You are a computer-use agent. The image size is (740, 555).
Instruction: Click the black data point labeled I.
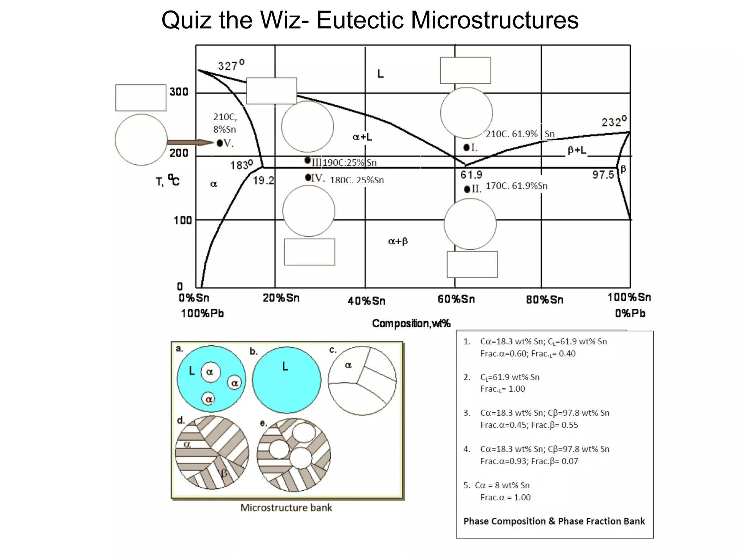click(x=466, y=147)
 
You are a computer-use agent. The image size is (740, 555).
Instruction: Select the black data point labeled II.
click(x=467, y=189)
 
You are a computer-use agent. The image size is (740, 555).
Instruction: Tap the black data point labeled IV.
click(x=308, y=177)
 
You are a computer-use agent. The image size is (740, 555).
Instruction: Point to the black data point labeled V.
click(x=220, y=143)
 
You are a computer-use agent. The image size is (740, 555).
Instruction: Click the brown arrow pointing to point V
click(x=190, y=142)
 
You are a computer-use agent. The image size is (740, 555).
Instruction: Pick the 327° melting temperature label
click(x=231, y=65)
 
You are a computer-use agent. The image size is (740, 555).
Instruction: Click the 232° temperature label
click(x=614, y=121)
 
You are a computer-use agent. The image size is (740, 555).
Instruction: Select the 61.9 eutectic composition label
click(x=471, y=175)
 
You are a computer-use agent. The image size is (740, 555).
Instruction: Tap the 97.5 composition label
click(x=603, y=175)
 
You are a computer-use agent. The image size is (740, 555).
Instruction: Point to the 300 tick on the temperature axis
click(x=179, y=92)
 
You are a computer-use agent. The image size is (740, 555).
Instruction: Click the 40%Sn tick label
click(x=366, y=301)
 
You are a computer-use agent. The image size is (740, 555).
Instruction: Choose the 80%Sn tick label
click(x=545, y=300)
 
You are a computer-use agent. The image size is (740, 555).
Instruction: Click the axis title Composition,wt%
click(x=411, y=323)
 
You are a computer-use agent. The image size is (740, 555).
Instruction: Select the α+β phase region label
click(x=398, y=241)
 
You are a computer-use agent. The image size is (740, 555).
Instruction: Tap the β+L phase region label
click(x=577, y=150)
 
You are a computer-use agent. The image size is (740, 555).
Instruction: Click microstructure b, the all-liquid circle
click(x=286, y=379)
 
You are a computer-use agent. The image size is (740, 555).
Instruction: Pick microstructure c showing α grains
click(x=362, y=380)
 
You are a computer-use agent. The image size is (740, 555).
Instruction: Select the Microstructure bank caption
click(x=286, y=508)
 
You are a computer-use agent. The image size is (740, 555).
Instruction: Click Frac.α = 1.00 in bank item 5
click(x=505, y=498)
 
